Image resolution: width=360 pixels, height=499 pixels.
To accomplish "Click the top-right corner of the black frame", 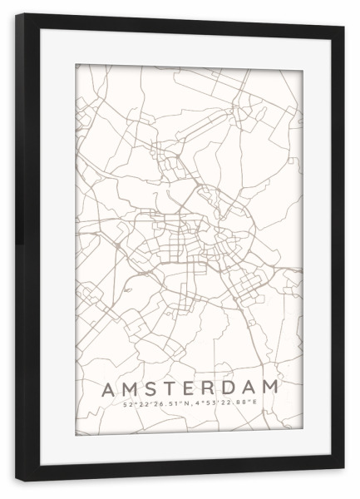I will coord(343,27).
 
